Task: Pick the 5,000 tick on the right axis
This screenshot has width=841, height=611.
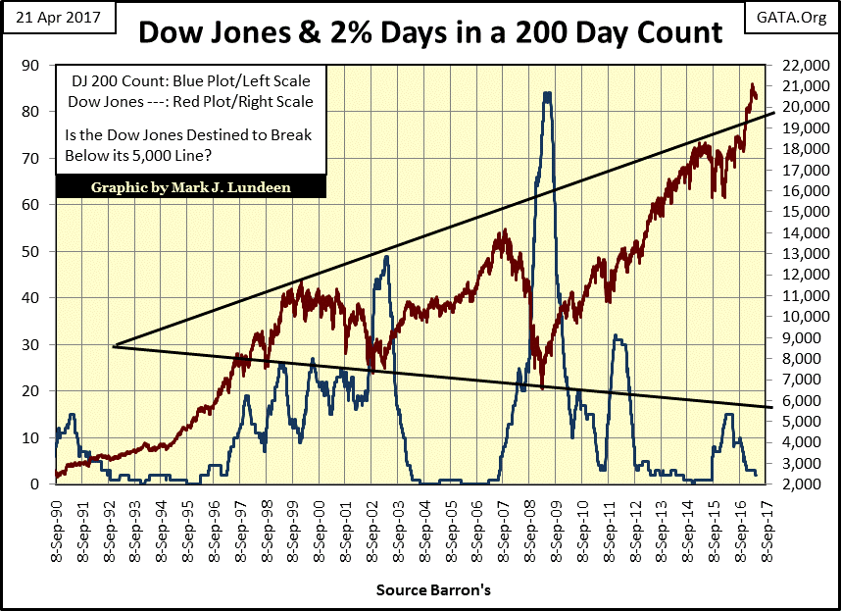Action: pyautogui.click(x=804, y=421)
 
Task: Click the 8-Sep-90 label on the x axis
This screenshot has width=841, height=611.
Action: pyautogui.click(x=61, y=531)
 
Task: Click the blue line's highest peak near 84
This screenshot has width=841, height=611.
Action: pyautogui.click(x=546, y=93)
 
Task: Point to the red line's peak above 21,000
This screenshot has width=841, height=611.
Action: pyautogui.click(x=752, y=85)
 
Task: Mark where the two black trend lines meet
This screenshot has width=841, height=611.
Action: pyautogui.click(x=115, y=346)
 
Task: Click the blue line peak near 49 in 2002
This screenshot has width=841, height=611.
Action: pyautogui.click(x=386, y=257)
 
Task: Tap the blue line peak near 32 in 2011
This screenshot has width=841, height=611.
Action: pyautogui.click(x=615, y=336)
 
